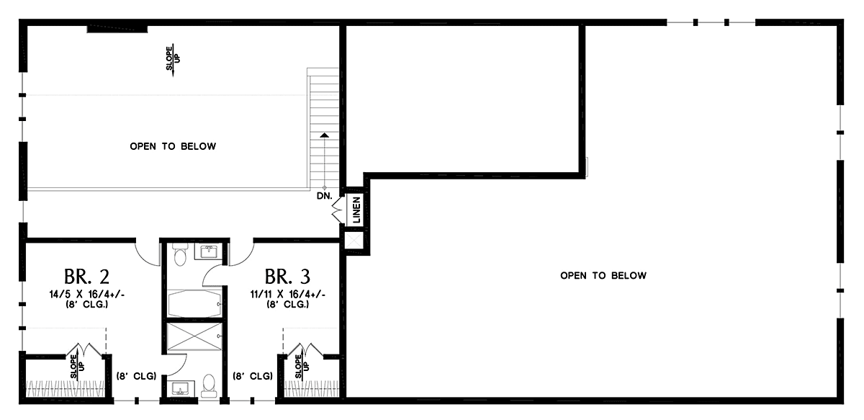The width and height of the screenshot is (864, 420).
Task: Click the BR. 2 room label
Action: coord(86,277)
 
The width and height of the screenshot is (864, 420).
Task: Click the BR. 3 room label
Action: coord(287,277)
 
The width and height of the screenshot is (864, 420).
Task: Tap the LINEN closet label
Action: coord(356,210)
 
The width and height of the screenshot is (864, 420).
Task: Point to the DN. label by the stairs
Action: coord(325,196)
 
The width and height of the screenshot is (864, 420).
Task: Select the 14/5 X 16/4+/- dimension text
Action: coord(87,295)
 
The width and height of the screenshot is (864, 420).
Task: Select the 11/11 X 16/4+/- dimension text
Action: coord(288,295)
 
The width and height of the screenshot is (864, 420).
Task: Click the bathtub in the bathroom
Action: coord(195,303)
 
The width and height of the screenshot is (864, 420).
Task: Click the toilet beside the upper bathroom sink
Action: coord(180,254)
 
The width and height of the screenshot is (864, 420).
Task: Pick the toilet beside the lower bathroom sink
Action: coord(209,385)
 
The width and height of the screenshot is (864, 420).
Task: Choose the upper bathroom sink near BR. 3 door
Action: coord(208,251)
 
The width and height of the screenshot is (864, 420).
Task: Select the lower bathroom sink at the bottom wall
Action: coord(181,388)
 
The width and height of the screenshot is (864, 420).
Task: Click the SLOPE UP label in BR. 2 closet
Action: coord(77,366)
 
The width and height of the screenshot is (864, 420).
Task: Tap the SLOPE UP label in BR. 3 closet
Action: coord(302,366)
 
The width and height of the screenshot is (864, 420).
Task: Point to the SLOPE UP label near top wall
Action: coord(173,58)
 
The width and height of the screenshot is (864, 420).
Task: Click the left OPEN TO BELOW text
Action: coord(173,146)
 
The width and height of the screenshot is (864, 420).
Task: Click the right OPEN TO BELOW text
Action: coord(603,276)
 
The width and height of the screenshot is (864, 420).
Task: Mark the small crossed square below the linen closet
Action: coord(354,240)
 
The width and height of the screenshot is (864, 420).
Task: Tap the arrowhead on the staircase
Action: coord(325,135)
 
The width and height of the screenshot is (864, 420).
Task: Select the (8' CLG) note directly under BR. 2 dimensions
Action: coord(87,305)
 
